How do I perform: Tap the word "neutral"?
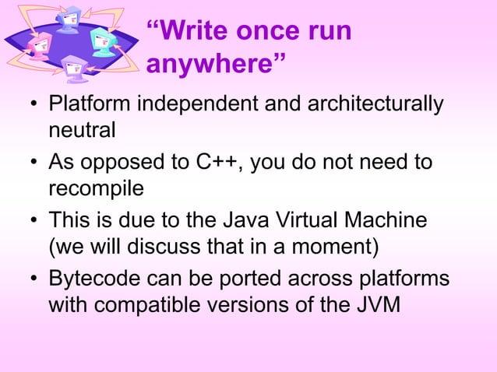(82, 129)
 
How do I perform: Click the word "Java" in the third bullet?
(232, 220)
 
